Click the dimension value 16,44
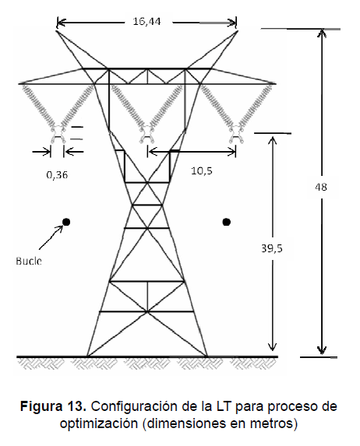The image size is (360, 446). pyautogui.click(x=146, y=21)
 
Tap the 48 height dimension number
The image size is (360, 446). pyautogui.click(x=321, y=187)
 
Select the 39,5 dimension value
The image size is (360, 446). pyautogui.click(x=272, y=248)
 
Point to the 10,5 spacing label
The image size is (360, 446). pyautogui.click(x=202, y=170)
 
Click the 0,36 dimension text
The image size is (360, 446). pyautogui.click(x=57, y=174)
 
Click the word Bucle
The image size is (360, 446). pyautogui.click(x=29, y=261)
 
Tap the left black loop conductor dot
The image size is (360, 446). pyautogui.click(x=66, y=222)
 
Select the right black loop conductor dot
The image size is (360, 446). pyautogui.click(x=227, y=222)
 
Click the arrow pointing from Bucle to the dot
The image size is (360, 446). pyautogui.click(x=51, y=237)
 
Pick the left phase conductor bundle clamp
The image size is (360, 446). pyautogui.click(x=58, y=134)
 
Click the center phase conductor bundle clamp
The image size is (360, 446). pyautogui.click(x=147, y=134)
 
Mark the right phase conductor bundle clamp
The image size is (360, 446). pyautogui.click(x=236, y=134)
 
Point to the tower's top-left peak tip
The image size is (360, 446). pyautogui.click(x=56, y=31)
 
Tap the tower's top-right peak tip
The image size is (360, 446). pyautogui.click(x=237, y=31)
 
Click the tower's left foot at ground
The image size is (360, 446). pyautogui.click(x=87, y=356)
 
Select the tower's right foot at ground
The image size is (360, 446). pyautogui.click(x=206, y=356)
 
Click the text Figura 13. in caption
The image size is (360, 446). pyautogui.click(x=53, y=406)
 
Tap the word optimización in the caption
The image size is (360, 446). pyautogui.click(x=99, y=423)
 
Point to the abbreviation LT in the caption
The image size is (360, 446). pyautogui.click(x=223, y=406)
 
